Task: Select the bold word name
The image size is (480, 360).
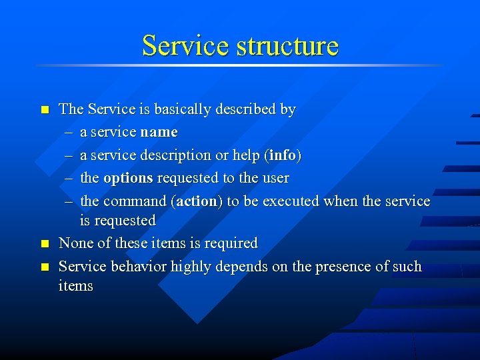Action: [159, 132]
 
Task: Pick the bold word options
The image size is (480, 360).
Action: [128, 178]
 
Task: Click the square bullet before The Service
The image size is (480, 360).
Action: [44, 109]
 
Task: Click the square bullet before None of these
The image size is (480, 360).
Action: [44, 244]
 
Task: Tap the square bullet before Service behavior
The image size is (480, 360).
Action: [44, 267]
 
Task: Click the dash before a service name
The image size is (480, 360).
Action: [69, 132]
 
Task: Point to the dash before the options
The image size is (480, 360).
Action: [69, 178]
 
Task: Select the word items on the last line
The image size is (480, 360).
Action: [76, 286]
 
